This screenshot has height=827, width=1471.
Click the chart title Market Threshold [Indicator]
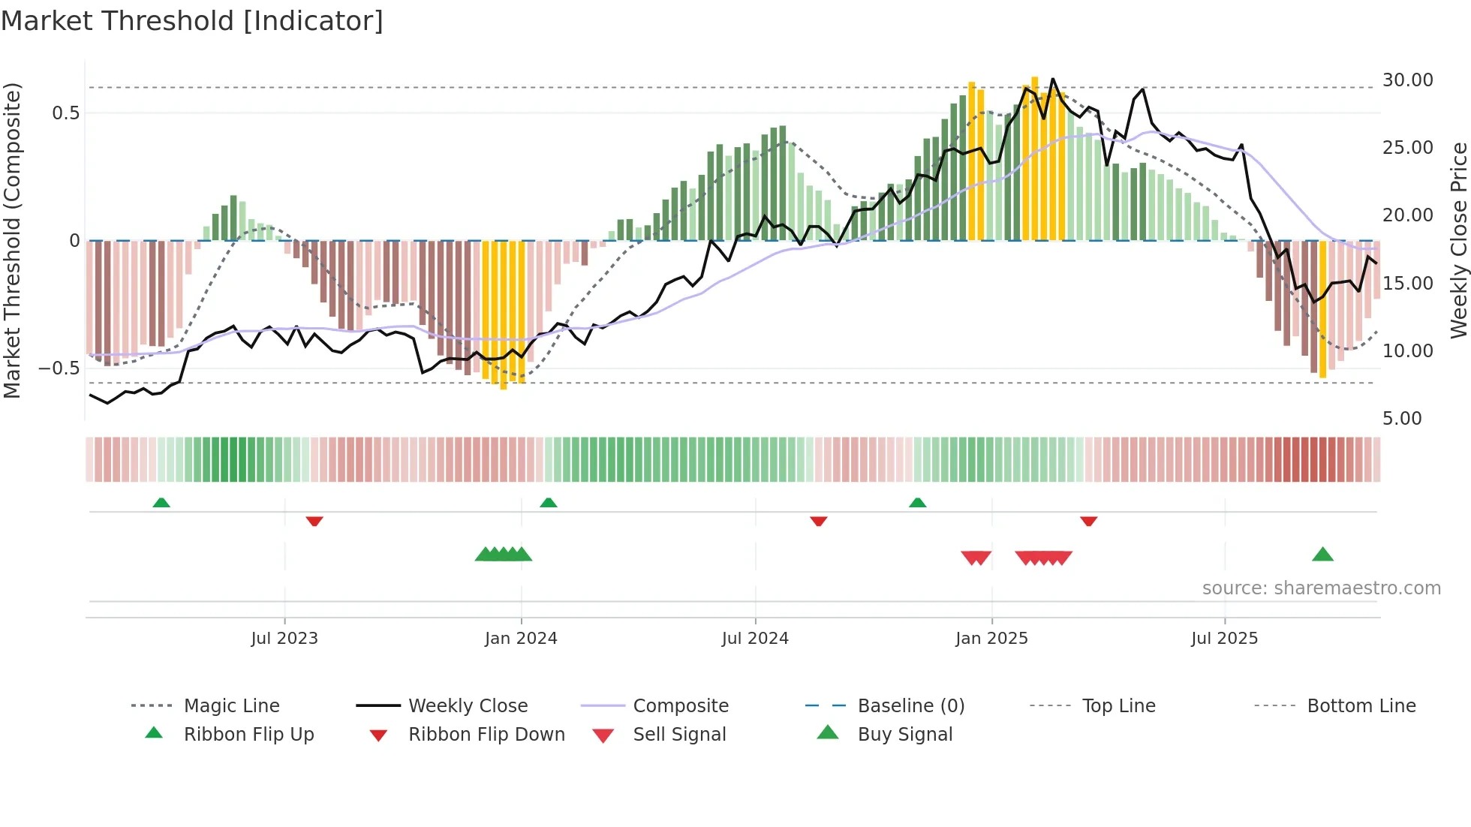click(x=192, y=21)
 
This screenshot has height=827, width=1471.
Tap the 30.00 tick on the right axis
click(x=1407, y=80)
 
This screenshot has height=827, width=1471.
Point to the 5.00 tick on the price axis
click(x=1401, y=419)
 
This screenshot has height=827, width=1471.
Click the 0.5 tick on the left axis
click(x=65, y=113)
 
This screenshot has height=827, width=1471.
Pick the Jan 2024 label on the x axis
click(x=521, y=639)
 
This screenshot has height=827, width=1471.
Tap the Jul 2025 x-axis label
click(x=1224, y=639)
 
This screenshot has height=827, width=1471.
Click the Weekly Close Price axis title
click(x=1458, y=240)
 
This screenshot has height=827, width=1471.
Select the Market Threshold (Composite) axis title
click(x=12, y=240)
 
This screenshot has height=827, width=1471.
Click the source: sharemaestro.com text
click(x=1321, y=588)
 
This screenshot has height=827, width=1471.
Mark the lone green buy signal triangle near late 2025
click(x=1322, y=555)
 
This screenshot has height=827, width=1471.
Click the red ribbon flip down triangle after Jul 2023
click(x=314, y=521)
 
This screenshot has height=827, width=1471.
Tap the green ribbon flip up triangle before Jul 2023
click(x=161, y=503)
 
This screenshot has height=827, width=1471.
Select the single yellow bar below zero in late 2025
click(x=1322, y=308)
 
